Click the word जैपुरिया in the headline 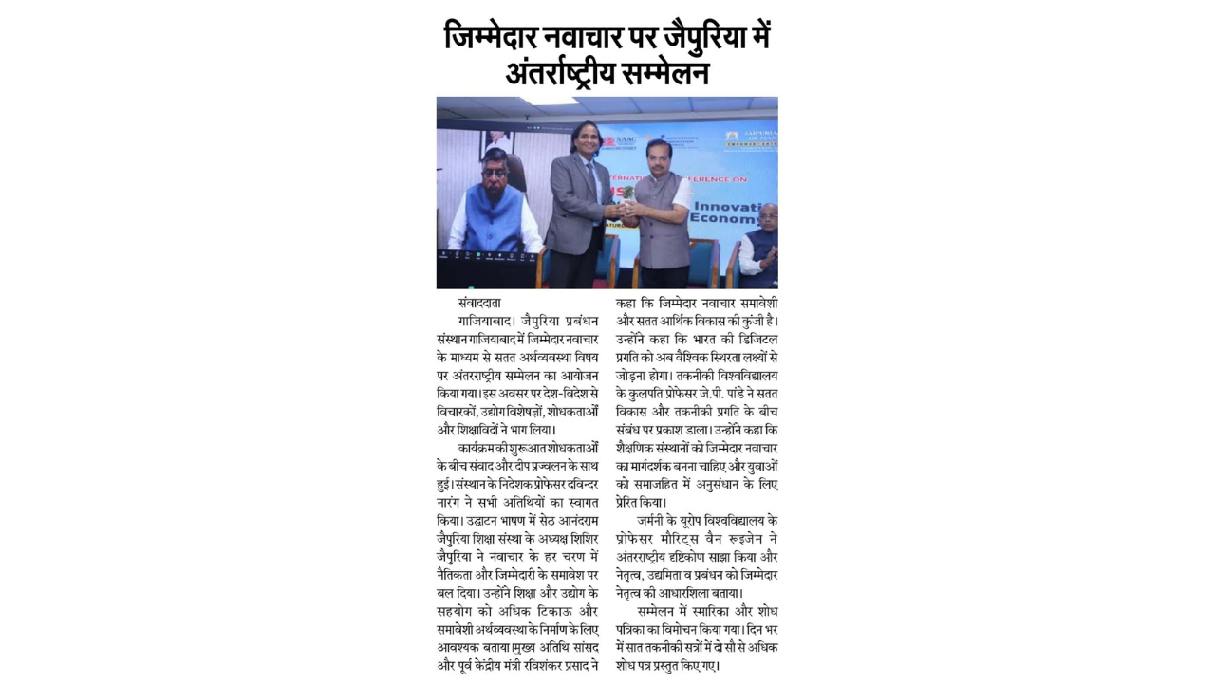682,38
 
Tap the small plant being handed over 627,192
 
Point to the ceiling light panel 548,100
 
